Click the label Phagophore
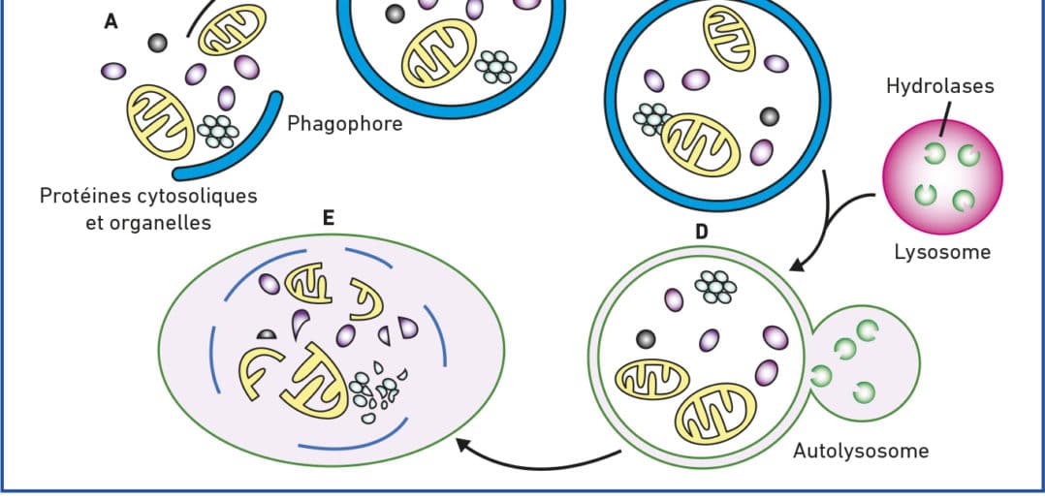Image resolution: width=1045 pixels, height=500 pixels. (344, 124)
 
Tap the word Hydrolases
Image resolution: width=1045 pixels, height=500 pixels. (939, 86)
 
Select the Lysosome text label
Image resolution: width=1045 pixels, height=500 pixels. (941, 252)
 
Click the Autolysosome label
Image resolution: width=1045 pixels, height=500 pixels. (861, 451)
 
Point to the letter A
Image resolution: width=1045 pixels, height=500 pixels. (111, 21)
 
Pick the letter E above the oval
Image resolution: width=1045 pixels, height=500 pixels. (329, 219)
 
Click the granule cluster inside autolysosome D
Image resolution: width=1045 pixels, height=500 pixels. (718, 286)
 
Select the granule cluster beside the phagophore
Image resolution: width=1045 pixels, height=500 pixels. (218, 130)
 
